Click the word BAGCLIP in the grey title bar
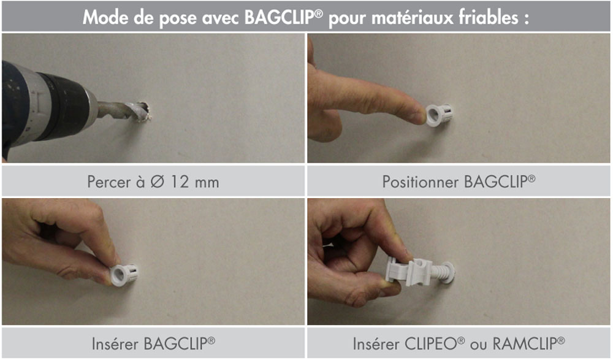pyautogui.click(x=280, y=18)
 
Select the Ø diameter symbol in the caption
pyautogui.click(x=157, y=182)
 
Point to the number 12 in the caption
pyautogui.click(x=180, y=182)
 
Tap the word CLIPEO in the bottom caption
pyautogui.click(x=431, y=344)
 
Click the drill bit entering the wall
pyautogui.click(x=123, y=110)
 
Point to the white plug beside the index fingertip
pyautogui.click(x=439, y=114)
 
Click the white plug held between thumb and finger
pyautogui.click(x=124, y=274)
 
